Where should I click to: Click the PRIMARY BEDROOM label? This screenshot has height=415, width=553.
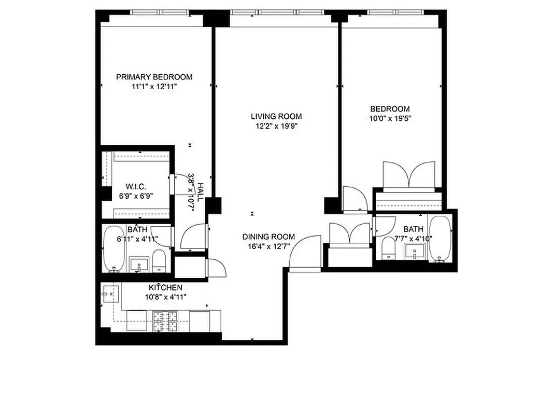point(154,77)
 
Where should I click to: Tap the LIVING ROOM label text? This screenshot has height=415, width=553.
point(276,116)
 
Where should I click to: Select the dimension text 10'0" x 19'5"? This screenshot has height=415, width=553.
point(390,118)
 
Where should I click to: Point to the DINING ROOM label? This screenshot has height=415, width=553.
point(268,237)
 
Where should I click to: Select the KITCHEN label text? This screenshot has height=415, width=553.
point(165,287)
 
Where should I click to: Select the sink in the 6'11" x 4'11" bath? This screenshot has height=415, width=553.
point(139,264)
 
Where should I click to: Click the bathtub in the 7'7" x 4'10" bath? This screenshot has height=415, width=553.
point(440,239)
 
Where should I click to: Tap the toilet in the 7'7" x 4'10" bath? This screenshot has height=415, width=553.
point(388,248)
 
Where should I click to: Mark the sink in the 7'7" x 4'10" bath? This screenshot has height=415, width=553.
point(415,253)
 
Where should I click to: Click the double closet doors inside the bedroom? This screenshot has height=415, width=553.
point(408,175)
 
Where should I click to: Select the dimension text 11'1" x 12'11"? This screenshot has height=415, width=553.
point(154,87)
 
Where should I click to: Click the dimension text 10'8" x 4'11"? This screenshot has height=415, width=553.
point(165,297)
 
